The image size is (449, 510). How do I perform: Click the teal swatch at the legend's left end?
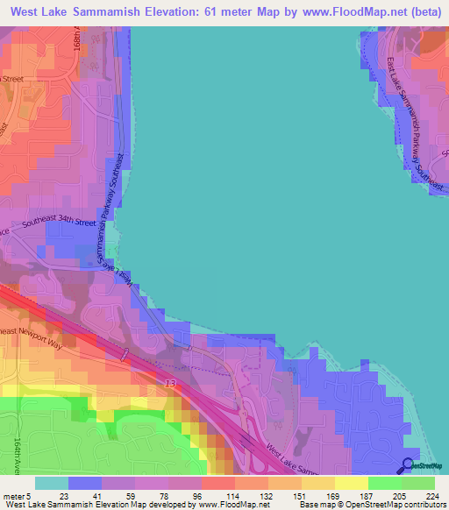point(51,483)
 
